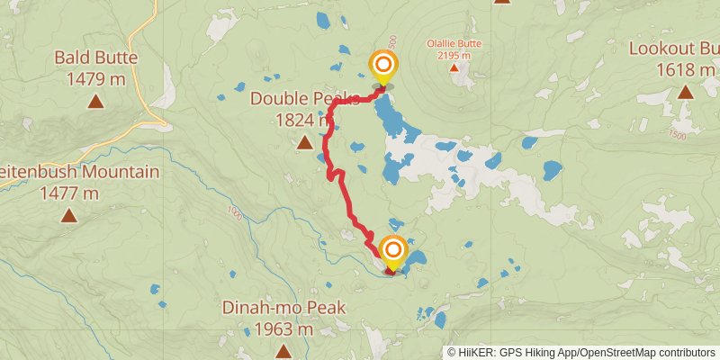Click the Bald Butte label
(95, 58)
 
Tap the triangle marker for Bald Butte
(95, 102)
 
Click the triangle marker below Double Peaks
(304, 142)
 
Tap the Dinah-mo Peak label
(283, 309)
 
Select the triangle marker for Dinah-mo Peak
(283, 352)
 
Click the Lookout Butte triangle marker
(686, 91)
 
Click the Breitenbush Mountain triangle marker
(68, 215)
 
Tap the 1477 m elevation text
(68, 192)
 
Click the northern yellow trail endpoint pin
(383, 65)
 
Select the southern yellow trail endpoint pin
(393, 248)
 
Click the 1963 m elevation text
(283, 329)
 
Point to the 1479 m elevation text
(95, 79)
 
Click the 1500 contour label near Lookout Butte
(677, 135)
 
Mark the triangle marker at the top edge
(501, 2)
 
